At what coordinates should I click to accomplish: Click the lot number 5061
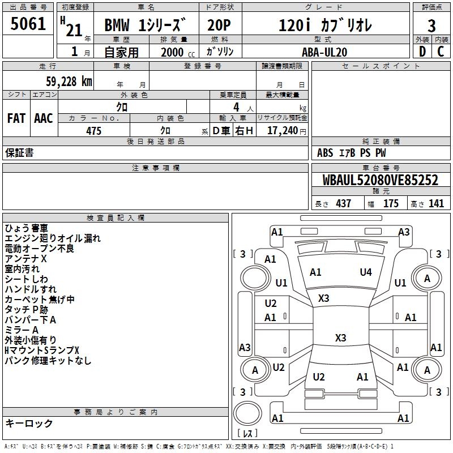28,24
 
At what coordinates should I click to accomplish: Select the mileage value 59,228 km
69,82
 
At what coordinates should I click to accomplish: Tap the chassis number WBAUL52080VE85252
380,180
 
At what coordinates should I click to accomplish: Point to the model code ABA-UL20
324,52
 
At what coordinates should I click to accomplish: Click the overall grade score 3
431,25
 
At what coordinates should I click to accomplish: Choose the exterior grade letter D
422,52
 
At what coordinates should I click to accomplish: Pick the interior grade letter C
441,52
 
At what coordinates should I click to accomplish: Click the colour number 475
94,131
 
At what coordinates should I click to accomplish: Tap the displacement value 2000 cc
178,52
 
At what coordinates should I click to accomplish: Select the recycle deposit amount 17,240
283,130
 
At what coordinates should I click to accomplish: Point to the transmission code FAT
16,118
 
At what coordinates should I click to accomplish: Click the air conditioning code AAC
44,118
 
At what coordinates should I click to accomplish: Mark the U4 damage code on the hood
366,272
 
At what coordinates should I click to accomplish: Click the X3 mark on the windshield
323,298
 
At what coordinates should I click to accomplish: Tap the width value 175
391,203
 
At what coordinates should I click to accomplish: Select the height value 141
436,203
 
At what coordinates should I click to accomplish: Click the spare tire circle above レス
247,413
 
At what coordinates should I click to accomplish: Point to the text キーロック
29,423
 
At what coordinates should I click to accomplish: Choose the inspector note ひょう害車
26,228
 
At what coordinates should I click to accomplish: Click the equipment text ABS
325,153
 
